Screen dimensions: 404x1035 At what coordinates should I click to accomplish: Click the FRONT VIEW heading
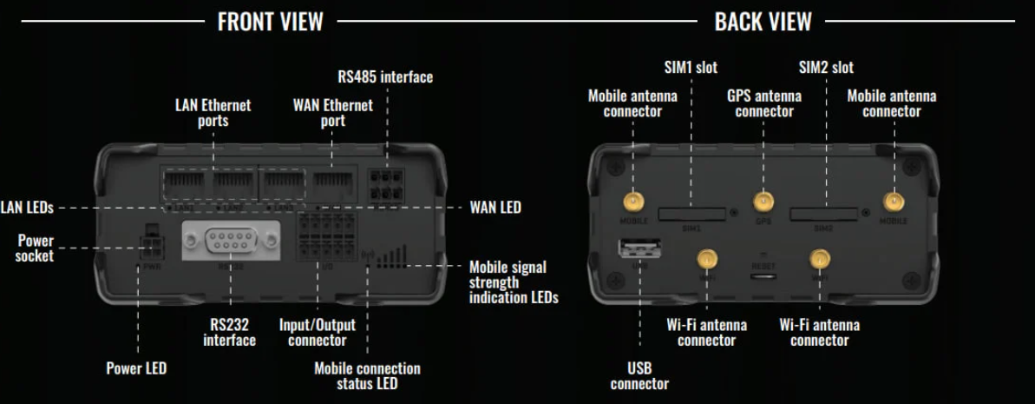tap(269, 21)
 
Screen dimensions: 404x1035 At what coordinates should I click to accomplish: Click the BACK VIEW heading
tap(763, 21)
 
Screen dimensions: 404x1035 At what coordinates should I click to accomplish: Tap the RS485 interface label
tap(385, 77)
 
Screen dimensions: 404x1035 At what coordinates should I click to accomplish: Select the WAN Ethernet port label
tap(333, 113)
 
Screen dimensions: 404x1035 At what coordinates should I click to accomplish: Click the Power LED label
tap(136, 368)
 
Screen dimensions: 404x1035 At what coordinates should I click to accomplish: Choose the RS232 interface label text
tap(229, 332)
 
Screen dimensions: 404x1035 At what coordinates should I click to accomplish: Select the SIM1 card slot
tap(691, 213)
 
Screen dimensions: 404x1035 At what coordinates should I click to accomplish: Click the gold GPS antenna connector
tap(763, 203)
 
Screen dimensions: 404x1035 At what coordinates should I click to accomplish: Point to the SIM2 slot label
tap(825, 67)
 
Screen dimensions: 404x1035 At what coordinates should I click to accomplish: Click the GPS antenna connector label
tap(763, 103)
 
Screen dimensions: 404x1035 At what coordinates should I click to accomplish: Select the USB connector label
tap(639, 375)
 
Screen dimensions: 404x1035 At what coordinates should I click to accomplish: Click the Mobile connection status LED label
tap(367, 375)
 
